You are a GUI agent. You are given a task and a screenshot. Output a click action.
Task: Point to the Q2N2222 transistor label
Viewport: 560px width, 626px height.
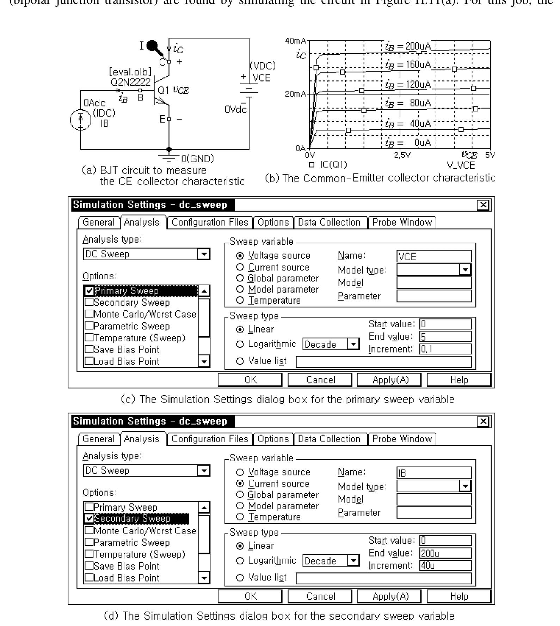coord(130,82)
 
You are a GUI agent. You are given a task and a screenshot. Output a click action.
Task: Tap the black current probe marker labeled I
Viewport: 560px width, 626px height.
coord(153,46)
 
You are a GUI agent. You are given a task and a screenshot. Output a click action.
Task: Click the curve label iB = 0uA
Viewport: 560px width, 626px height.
coord(408,142)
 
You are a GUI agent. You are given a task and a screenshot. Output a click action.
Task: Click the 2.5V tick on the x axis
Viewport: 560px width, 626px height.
coord(402,155)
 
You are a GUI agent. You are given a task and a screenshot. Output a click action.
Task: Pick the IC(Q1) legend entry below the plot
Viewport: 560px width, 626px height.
coord(328,165)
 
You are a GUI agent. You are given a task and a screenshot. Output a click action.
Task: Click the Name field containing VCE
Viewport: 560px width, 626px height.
coord(434,256)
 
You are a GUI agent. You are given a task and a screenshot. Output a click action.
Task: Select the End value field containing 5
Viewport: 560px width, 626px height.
coord(445,336)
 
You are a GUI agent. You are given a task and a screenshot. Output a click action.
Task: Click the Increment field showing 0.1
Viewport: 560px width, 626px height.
coord(445,349)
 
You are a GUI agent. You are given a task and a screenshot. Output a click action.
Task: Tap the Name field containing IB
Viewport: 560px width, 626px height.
coord(434,473)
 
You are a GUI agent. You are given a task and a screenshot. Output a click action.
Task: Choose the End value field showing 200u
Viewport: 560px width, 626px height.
coord(445,553)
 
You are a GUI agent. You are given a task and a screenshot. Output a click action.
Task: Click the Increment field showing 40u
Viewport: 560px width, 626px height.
coord(445,566)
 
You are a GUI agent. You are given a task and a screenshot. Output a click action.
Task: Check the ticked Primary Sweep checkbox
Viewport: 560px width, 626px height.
coord(90,291)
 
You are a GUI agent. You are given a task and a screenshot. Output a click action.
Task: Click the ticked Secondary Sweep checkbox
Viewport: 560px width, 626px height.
coord(90,518)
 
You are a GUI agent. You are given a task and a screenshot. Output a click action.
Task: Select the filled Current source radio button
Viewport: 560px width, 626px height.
coord(240,484)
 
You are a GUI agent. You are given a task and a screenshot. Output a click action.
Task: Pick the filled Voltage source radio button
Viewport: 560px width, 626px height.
coord(240,256)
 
